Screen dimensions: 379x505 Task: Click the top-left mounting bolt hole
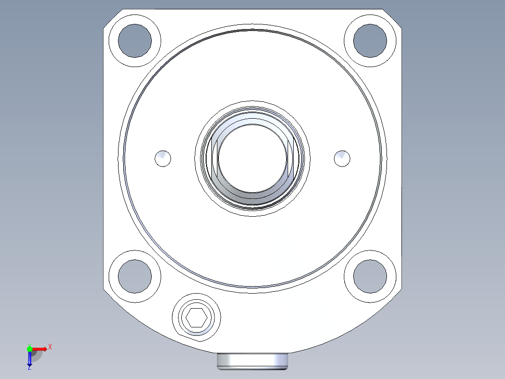pos(135,40)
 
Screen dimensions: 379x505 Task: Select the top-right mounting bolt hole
pos(370,40)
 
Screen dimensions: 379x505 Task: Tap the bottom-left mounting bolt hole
pos(135,276)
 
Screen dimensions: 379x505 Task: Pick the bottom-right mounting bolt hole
pos(370,276)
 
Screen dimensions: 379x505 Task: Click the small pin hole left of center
pos(163,159)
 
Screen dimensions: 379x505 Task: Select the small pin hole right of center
pos(342,159)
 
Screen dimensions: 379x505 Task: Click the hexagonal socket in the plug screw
pos(196,319)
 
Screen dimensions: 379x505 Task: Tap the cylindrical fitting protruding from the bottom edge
pos(252,361)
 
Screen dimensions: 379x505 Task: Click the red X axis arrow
pos(40,349)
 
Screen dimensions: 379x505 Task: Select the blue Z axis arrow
pos(30,359)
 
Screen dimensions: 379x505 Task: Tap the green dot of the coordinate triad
pos(30,349)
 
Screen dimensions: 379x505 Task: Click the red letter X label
pos(50,347)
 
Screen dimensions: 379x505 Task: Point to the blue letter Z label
pos(29,368)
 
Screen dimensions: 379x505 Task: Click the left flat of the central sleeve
pos(215,157)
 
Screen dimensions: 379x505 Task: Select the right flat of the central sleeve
pos(290,157)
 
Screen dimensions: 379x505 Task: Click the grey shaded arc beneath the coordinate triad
pos(37,356)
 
